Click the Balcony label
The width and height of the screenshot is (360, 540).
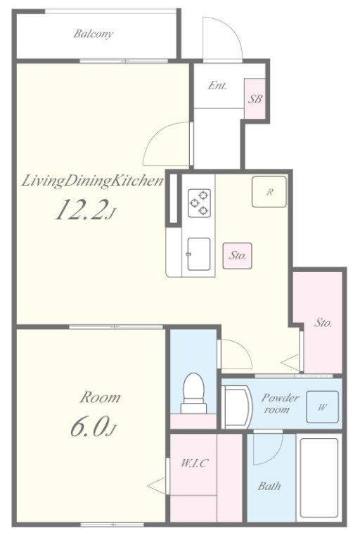(93, 34)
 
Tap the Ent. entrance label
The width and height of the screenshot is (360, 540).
(217, 85)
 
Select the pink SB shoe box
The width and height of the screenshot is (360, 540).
(255, 99)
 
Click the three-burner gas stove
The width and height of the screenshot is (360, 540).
(199, 202)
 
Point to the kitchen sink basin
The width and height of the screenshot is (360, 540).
(198, 254)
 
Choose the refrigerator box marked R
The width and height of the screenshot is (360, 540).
(269, 192)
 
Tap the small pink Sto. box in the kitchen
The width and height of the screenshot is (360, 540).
(237, 256)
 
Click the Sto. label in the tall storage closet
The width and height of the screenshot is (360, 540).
(323, 323)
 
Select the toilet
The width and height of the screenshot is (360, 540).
(193, 393)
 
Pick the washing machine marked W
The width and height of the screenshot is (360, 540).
(322, 407)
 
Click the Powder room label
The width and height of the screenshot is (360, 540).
(279, 404)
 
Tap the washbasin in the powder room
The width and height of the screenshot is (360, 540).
(237, 406)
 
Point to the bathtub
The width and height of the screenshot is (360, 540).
(319, 477)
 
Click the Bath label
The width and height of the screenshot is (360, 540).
(269, 487)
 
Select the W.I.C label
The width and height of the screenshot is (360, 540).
(194, 463)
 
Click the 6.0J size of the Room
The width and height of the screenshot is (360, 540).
(94, 427)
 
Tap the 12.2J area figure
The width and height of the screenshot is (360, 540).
(84, 210)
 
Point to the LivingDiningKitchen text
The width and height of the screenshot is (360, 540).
(92, 181)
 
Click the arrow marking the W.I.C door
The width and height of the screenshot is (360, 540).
(157, 486)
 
